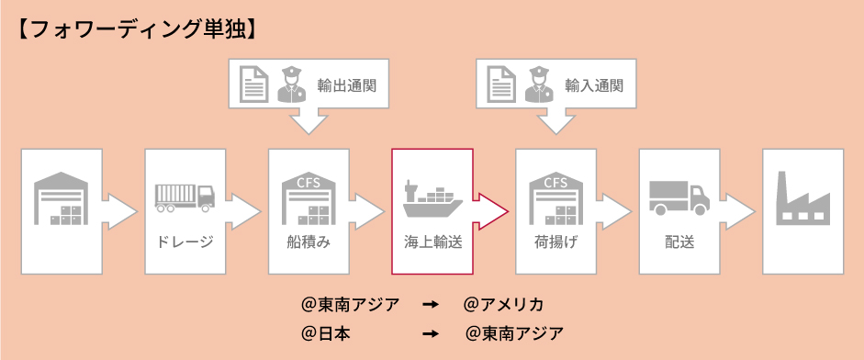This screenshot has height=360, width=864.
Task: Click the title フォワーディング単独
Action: [138, 29]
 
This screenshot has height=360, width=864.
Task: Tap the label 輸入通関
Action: [594, 85]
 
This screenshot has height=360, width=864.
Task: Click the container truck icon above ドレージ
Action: [185, 197]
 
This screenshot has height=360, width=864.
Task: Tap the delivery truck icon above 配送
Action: [679, 197]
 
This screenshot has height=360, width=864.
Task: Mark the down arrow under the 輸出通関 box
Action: [308, 122]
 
